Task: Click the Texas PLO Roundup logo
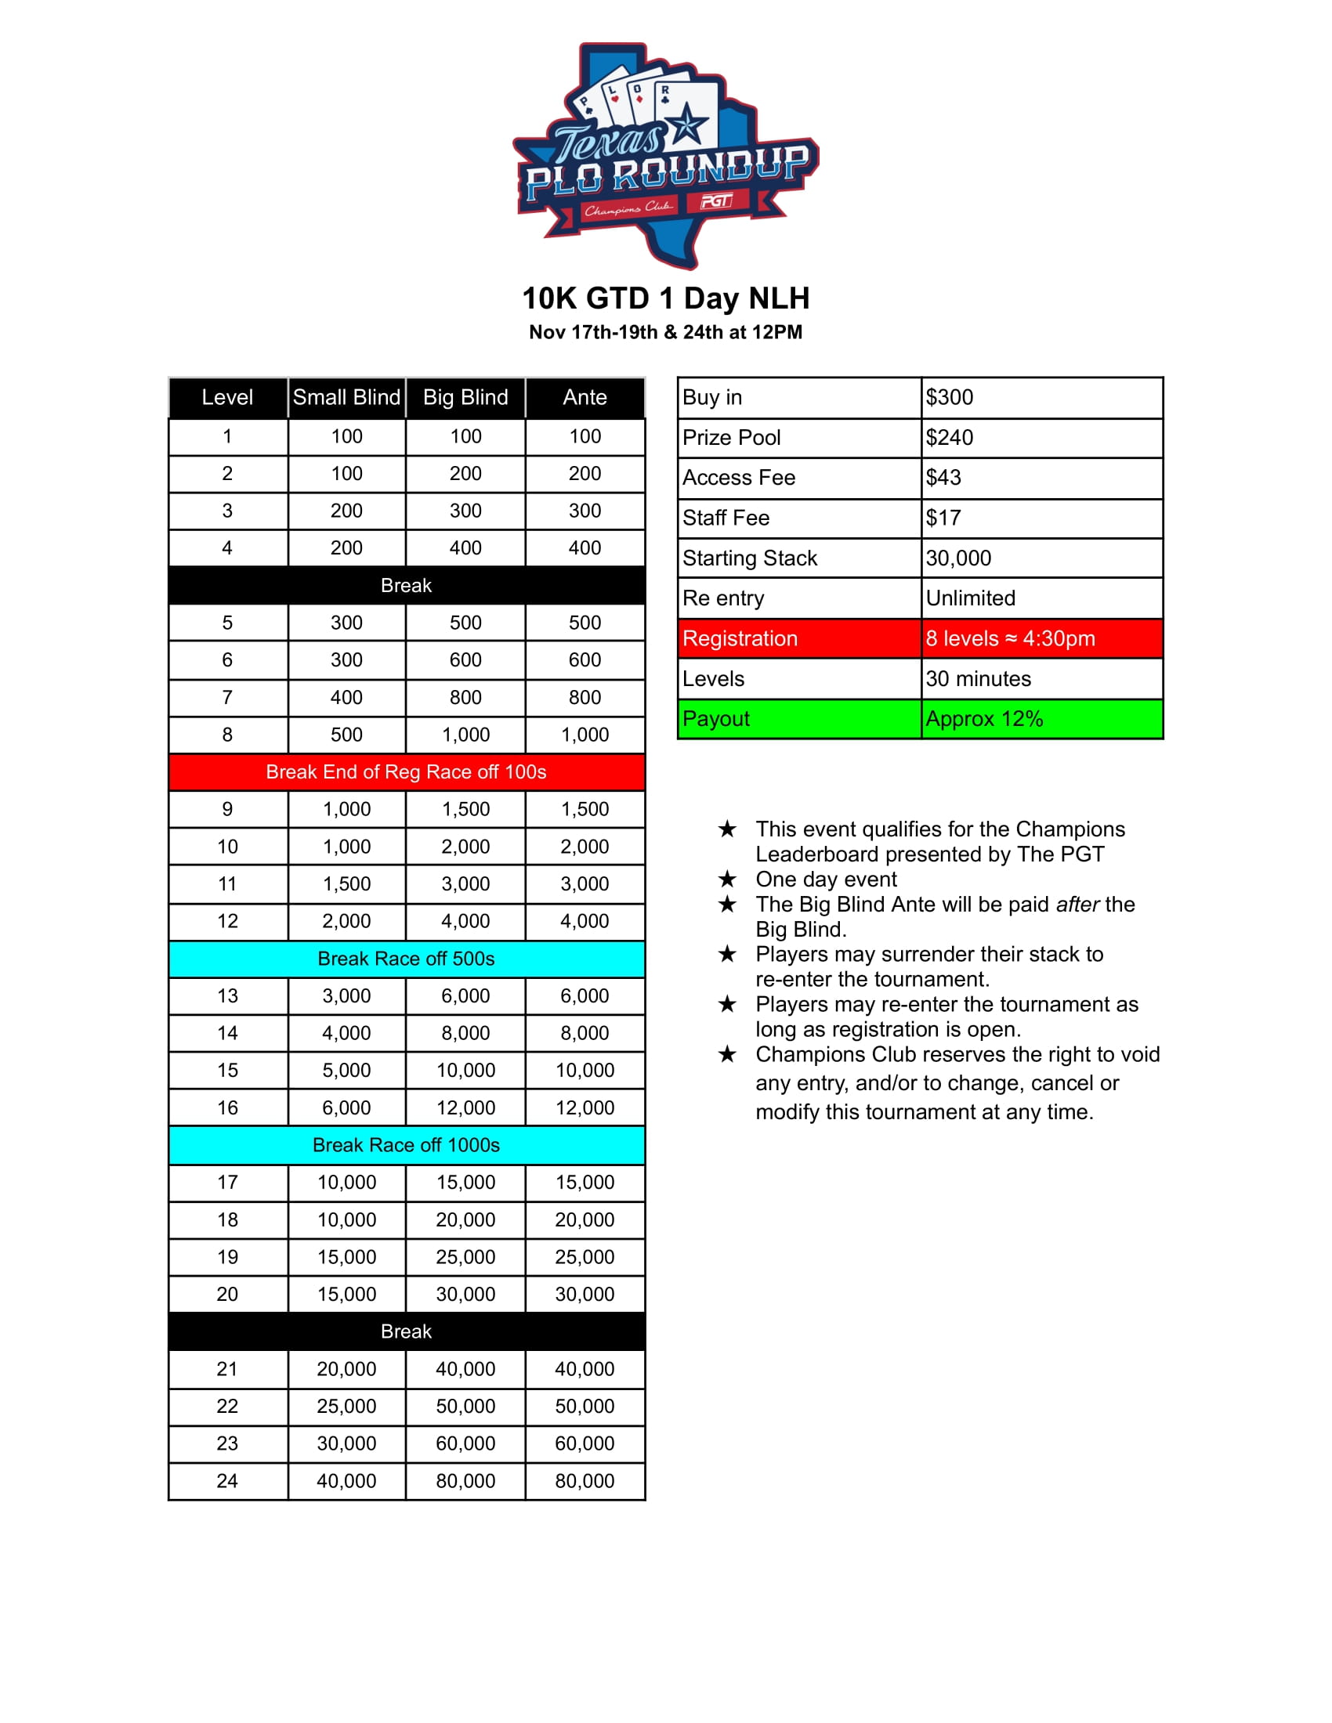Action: [x=665, y=154]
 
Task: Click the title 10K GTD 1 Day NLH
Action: [x=665, y=298]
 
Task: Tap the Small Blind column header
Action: [x=346, y=397]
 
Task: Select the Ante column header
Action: [x=585, y=397]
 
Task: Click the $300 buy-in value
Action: [x=950, y=397]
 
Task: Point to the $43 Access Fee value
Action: [x=944, y=477]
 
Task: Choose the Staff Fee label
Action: [x=726, y=518]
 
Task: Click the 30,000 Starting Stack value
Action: [x=958, y=558]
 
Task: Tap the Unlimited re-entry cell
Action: [x=971, y=598]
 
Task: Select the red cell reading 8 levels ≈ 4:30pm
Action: [x=1010, y=638]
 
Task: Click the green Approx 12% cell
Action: [x=984, y=719]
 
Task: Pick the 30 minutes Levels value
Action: [x=978, y=678]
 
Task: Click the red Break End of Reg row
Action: [x=406, y=771]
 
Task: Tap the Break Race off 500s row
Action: [x=406, y=959]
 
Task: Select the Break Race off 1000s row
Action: [x=406, y=1145]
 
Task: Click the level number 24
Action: [x=227, y=1481]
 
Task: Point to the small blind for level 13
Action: [x=346, y=995]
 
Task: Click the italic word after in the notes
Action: [x=1077, y=904]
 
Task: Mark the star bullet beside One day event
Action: [x=727, y=879]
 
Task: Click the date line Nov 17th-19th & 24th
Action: [x=665, y=332]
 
